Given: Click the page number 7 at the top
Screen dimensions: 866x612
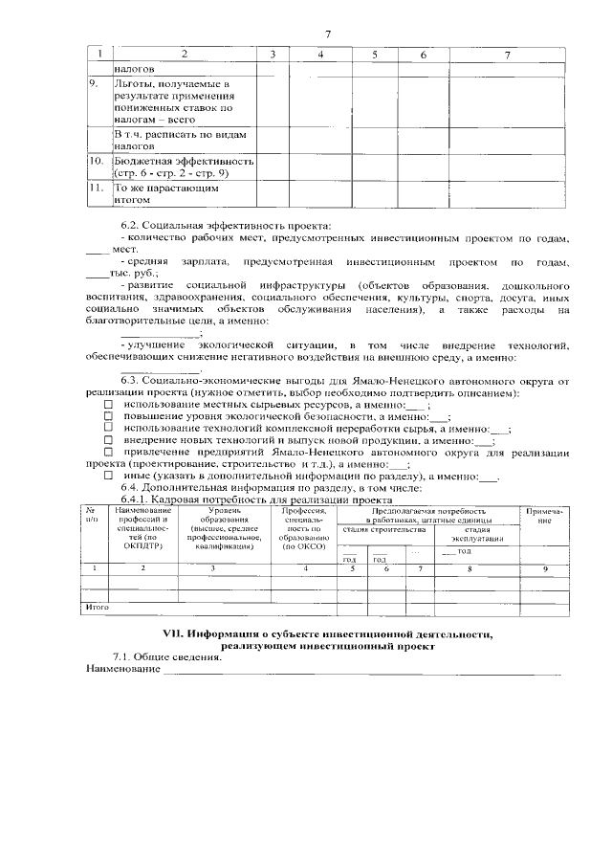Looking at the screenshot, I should [328, 34].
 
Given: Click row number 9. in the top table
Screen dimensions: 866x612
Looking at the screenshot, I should [94, 85].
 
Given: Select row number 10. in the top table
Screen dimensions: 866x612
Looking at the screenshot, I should [96, 162].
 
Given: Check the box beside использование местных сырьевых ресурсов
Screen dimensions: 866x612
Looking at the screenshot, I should [107, 406].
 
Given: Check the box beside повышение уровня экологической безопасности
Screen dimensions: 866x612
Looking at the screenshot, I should [107, 418].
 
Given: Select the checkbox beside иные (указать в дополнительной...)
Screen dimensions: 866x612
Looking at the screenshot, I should [107, 476].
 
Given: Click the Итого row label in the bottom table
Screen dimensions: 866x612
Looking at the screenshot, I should [98, 608].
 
